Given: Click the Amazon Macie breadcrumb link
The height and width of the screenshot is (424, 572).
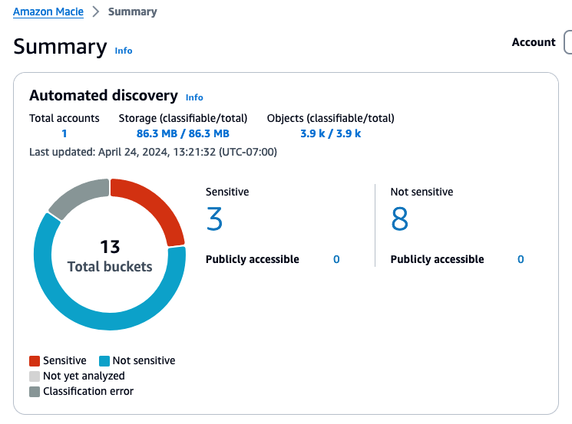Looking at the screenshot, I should pyautogui.click(x=48, y=12).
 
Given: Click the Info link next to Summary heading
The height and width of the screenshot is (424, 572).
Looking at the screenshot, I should pyautogui.click(x=124, y=51).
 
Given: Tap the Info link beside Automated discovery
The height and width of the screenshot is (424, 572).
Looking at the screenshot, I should pyautogui.click(x=194, y=97).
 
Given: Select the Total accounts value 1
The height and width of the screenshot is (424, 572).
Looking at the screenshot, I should pyautogui.click(x=64, y=133).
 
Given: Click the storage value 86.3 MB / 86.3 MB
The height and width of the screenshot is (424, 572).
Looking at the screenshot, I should pyautogui.click(x=183, y=133).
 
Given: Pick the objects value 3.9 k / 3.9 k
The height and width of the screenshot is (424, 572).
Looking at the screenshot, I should pyautogui.click(x=330, y=133).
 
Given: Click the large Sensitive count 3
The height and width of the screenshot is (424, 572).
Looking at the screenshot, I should pyautogui.click(x=215, y=220).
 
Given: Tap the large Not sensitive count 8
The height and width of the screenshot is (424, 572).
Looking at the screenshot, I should pyautogui.click(x=399, y=220).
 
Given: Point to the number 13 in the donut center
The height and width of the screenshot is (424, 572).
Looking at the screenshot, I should pyautogui.click(x=110, y=247).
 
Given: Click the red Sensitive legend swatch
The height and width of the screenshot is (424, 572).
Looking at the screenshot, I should pyautogui.click(x=35, y=360).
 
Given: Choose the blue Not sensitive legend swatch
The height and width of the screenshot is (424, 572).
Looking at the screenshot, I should pyautogui.click(x=104, y=360).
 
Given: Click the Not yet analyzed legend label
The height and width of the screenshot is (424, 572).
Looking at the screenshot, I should pyautogui.click(x=84, y=376).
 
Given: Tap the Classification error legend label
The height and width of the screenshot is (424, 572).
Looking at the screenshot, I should pyautogui.click(x=88, y=391).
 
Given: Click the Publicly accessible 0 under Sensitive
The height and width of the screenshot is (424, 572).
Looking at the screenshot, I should pyautogui.click(x=336, y=259).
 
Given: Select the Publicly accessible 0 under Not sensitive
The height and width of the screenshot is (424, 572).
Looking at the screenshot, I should pyautogui.click(x=521, y=259).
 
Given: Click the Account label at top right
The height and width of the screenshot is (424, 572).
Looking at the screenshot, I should pyautogui.click(x=534, y=42).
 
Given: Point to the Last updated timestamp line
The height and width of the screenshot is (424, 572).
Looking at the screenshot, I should pyautogui.click(x=153, y=152).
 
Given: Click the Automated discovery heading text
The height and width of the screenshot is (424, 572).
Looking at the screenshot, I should pyautogui.click(x=104, y=96).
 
